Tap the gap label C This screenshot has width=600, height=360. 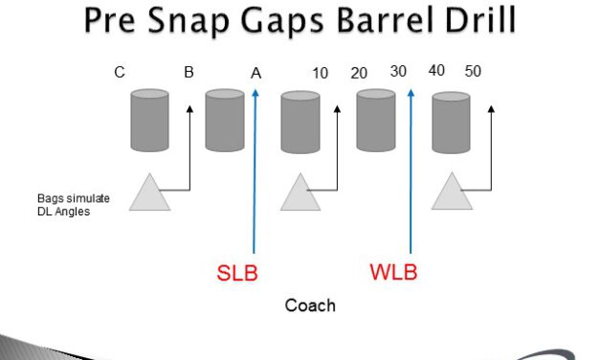[120, 72]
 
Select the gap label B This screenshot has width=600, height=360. [189, 72]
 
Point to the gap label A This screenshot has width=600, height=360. [256, 73]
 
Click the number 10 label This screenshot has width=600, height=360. [322, 73]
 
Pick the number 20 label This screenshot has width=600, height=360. [359, 73]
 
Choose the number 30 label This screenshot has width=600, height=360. [398, 71]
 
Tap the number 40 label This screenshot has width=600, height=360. [436, 71]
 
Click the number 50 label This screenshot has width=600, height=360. [473, 71]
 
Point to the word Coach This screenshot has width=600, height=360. [310, 305]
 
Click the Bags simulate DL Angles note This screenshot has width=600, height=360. [73, 204]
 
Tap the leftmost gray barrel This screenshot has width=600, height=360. [150, 120]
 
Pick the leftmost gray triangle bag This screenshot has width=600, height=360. [150, 194]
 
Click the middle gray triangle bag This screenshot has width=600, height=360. [300, 194]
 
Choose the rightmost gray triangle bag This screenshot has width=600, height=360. [452, 194]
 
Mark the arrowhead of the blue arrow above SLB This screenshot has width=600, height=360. [256, 93]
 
